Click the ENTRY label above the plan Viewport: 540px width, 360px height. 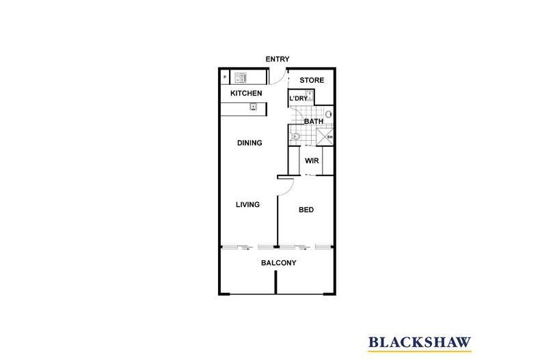pos(278,59)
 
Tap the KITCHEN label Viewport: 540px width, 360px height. pos(246,94)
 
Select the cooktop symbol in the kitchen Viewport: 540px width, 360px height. pos(241,77)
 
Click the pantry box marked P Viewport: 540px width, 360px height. pos(225,77)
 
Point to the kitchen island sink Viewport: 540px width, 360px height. pos(254,107)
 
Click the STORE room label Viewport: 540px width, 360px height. pos(312,80)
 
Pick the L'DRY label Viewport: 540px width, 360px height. pos(298,98)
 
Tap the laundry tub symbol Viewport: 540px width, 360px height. pos(310,96)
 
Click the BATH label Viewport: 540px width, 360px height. pos(314,122)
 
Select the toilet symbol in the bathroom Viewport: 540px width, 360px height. pos(295,137)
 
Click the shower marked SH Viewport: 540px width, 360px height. pos(325,137)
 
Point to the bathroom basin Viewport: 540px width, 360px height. pos(329,114)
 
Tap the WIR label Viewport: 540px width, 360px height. pos(312,161)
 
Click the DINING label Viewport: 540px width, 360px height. pos(249,143)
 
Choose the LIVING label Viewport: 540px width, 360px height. pos(247,204)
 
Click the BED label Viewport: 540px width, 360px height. pos(306,210)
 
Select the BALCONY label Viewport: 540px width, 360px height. pos(279,263)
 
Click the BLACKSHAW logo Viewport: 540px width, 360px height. pos(420,343)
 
